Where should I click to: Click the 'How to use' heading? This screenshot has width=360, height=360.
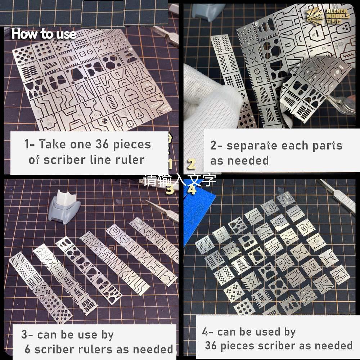(x=43, y=34)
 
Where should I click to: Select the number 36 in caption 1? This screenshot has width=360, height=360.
(x=105, y=144)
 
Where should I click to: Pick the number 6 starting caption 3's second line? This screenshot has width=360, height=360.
(x=28, y=349)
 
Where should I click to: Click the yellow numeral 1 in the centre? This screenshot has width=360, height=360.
(x=171, y=165)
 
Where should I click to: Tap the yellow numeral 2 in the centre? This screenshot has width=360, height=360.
(x=192, y=164)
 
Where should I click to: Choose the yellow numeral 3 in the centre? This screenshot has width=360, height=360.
(x=170, y=190)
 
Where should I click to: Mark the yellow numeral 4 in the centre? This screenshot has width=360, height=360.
(x=192, y=189)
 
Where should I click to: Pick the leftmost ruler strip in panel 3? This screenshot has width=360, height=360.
(x=40, y=288)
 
